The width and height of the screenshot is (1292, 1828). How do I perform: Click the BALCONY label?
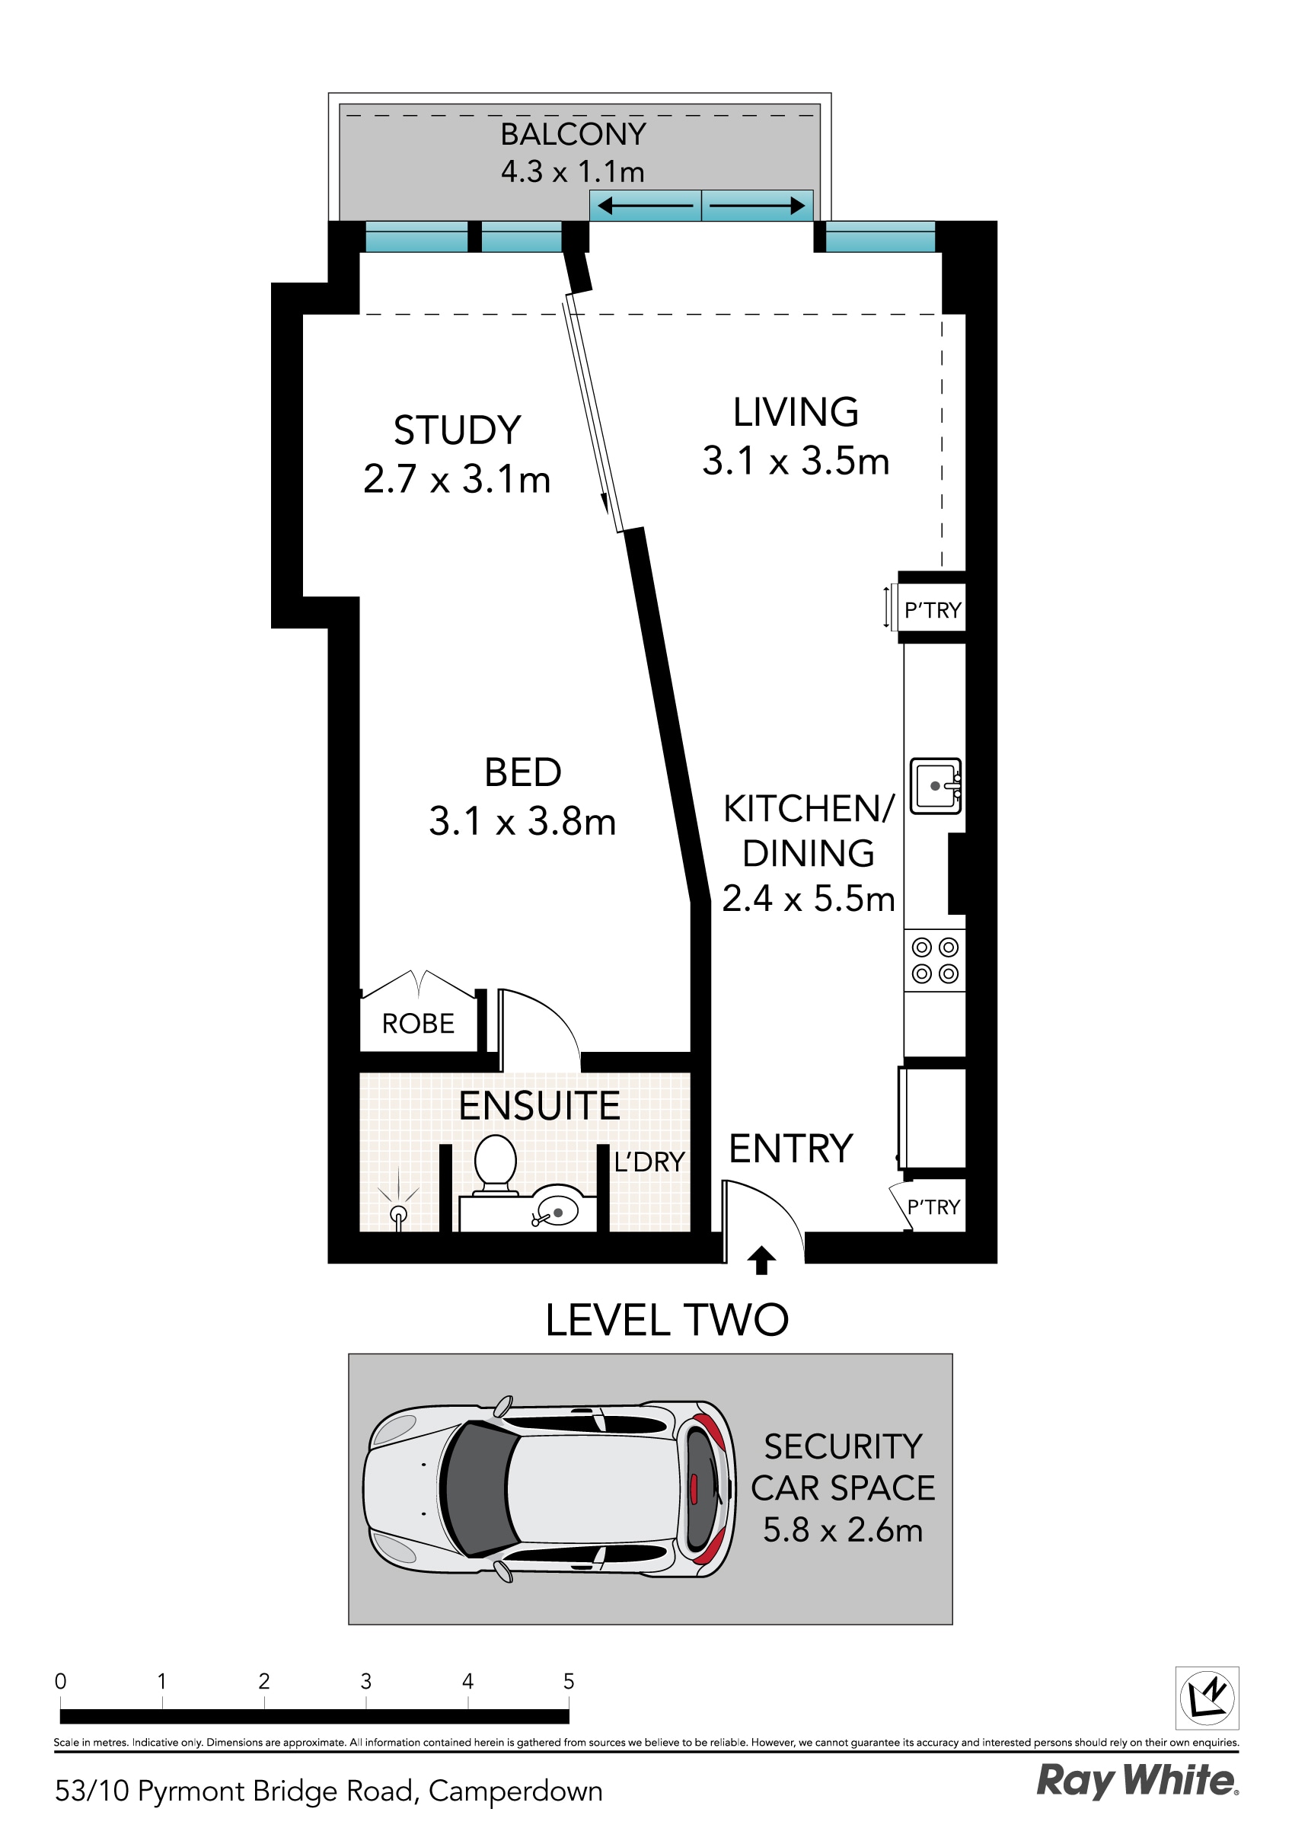click(x=573, y=134)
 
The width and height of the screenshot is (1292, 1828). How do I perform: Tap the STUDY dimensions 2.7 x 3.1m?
click(x=457, y=479)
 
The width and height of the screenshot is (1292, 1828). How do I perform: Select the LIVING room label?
click(x=796, y=412)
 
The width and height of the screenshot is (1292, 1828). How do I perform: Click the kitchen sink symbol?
click(x=936, y=786)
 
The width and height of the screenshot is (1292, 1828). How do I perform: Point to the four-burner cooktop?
click(x=935, y=960)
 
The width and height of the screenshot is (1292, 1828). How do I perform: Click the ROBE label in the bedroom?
click(x=418, y=1023)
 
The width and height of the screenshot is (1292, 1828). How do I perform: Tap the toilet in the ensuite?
click(x=495, y=1163)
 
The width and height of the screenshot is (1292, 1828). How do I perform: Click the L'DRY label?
click(x=649, y=1162)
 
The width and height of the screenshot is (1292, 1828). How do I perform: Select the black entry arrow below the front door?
click(x=761, y=1260)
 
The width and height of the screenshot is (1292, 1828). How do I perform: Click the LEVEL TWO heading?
click(x=667, y=1320)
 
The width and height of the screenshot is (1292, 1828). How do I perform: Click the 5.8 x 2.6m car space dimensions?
click(x=842, y=1529)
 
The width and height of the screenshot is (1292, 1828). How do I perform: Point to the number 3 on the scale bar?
click(x=365, y=1682)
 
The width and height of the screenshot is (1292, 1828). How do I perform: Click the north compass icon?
click(x=1207, y=1699)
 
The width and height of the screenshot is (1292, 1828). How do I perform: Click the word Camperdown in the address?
click(x=515, y=1791)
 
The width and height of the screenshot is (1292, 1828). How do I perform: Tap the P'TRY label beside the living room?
click(x=933, y=611)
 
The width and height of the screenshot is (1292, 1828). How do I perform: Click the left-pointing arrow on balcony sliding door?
click(x=645, y=206)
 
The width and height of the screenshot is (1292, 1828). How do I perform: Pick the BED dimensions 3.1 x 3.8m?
click(x=522, y=822)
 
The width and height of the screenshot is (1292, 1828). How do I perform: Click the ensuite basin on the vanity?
click(x=557, y=1213)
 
